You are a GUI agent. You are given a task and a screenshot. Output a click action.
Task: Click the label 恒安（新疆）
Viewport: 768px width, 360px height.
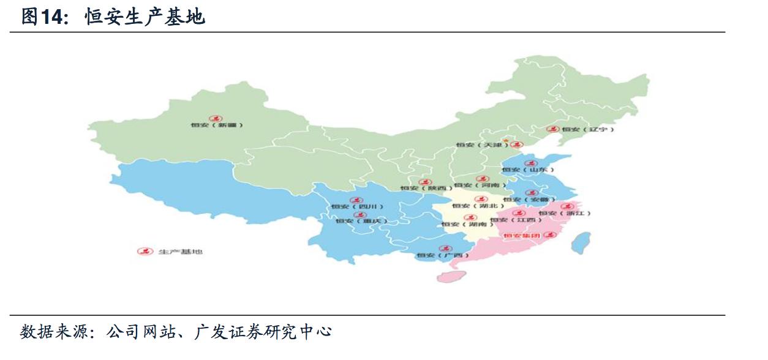tap(217, 125)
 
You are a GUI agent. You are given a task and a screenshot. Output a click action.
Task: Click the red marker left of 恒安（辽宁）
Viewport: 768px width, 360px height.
tap(553, 129)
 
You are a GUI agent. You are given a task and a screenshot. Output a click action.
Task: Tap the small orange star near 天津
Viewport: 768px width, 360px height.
tap(506, 140)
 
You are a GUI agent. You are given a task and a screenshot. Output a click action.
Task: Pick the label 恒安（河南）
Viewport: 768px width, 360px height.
tap(481, 185)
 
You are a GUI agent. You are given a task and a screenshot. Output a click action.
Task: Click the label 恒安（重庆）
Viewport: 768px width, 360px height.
tap(362, 220)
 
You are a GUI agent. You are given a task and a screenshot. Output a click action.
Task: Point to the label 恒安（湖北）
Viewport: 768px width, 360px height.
tap(479, 206)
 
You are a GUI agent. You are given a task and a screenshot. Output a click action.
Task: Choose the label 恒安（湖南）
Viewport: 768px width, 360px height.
tap(467, 225)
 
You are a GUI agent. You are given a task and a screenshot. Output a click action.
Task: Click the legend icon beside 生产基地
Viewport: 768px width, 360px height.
tap(145, 252)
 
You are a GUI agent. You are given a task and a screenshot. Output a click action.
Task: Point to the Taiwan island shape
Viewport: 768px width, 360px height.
tap(581, 242)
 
